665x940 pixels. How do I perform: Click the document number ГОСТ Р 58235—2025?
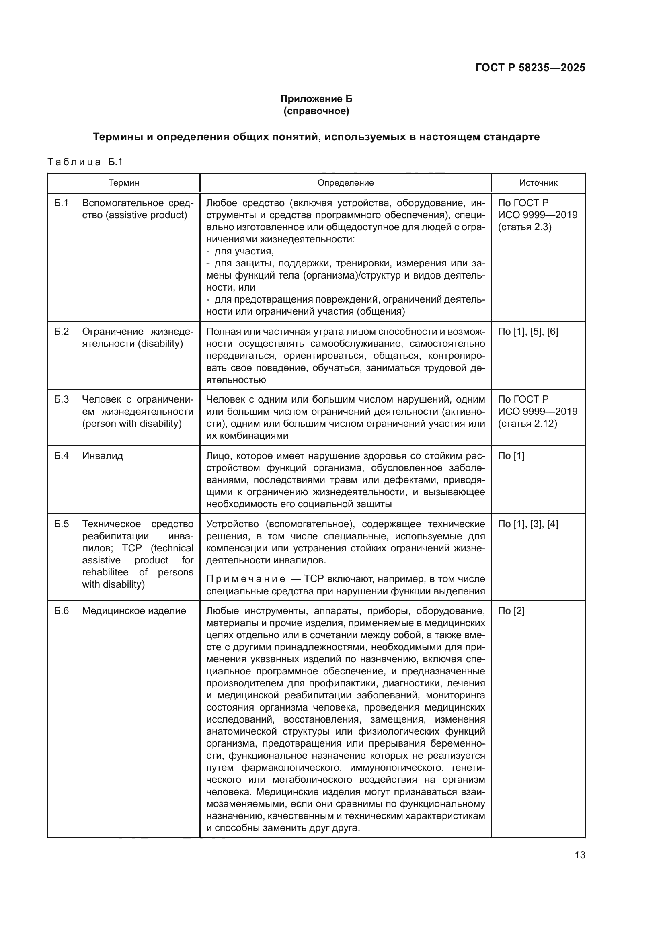[530, 68]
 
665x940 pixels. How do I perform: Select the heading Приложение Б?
[316, 99]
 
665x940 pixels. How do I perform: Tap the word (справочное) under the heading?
[316, 111]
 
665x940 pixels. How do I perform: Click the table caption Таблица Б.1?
[85, 162]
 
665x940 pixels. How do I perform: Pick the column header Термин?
[124, 183]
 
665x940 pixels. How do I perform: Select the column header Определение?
[345, 183]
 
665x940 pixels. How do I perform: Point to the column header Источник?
[538, 183]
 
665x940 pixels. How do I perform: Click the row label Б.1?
[62, 203]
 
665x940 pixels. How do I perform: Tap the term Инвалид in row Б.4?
[103, 456]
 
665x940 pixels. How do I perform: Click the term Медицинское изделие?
[134, 611]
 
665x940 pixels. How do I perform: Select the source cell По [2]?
[511, 611]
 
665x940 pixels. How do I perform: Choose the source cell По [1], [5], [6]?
[527, 332]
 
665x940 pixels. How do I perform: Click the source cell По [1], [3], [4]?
[527, 524]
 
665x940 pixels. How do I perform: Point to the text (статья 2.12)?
[527, 423]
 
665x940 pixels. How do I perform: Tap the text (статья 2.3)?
[525, 227]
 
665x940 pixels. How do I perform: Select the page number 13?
[580, 855]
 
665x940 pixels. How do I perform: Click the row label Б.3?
[62, 399]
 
